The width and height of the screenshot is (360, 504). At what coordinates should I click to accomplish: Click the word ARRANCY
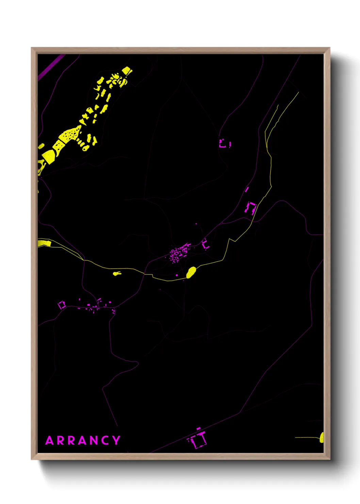click(83, 440)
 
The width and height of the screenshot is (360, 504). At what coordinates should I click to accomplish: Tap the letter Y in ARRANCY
click(116, 440)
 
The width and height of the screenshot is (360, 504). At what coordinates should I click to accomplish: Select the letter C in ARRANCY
click(105, 440)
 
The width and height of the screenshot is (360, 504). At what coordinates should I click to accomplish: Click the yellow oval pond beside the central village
click(191, 272)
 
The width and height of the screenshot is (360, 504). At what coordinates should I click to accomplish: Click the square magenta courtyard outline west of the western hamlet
click(62, 305)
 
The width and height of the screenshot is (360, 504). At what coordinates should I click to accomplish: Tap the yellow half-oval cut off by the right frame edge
click(322, 437)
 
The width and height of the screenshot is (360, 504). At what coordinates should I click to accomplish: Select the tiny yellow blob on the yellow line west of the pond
click(117, 273)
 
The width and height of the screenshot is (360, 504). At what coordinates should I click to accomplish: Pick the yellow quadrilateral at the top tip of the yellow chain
click(126, 70)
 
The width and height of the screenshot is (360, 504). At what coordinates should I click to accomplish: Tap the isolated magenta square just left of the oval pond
click(177, 275)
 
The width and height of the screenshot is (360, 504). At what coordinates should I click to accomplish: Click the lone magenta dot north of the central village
click(196, 224)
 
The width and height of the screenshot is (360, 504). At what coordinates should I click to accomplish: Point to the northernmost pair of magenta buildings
click(224, 143)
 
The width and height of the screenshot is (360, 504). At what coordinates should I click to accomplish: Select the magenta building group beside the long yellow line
click(251, 208)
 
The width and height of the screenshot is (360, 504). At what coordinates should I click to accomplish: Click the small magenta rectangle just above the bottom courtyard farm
click(198, 428)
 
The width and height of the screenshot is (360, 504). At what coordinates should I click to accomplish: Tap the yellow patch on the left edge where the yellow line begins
click(44, 243)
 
